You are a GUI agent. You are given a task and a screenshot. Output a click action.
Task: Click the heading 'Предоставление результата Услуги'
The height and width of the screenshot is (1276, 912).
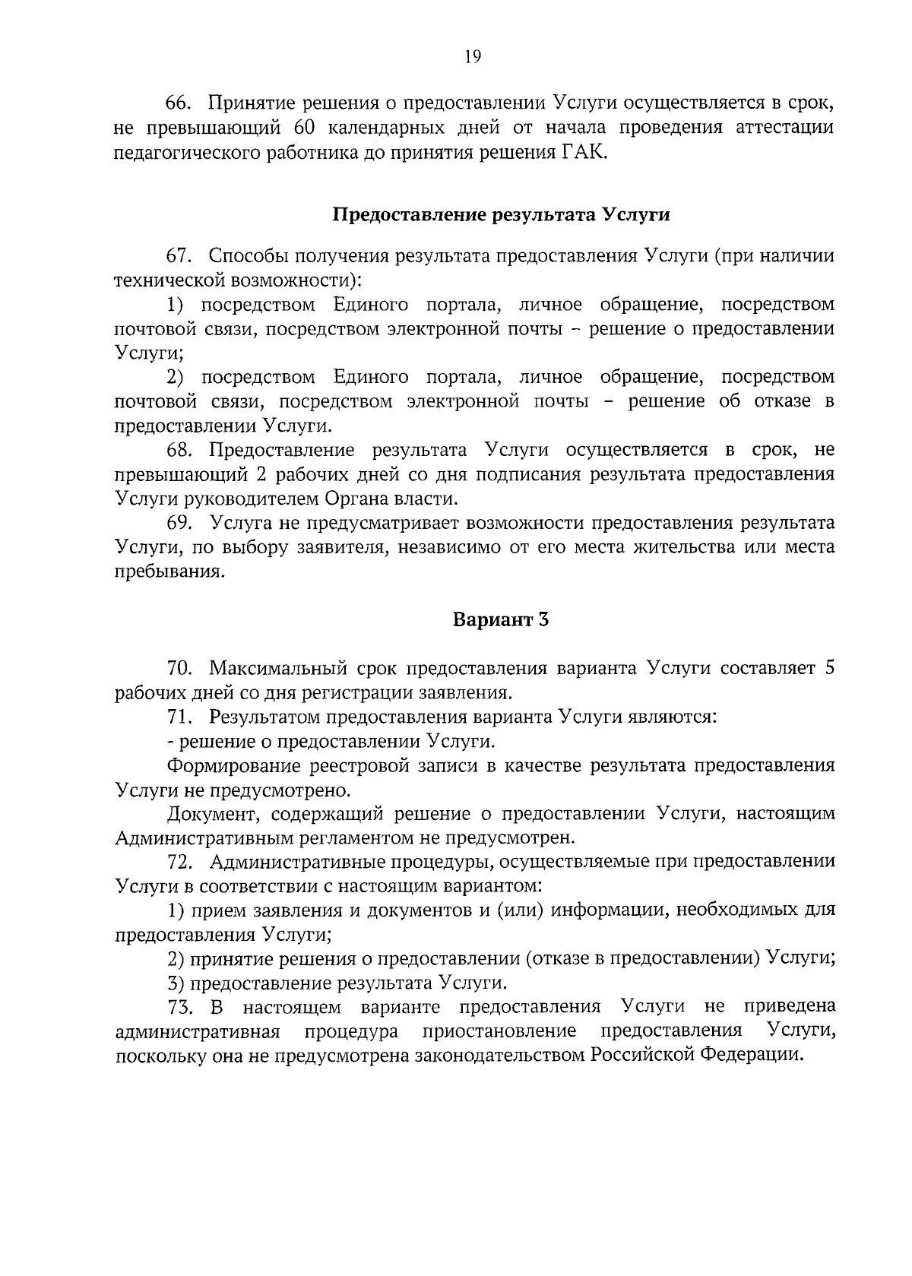click(502, 215)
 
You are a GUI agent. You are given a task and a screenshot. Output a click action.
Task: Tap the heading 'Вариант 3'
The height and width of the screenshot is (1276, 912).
click(501, 619)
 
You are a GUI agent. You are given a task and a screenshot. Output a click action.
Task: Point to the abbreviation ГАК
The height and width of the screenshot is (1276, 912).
click(585, 151)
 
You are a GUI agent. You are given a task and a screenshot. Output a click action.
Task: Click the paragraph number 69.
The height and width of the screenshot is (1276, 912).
click(180, 523)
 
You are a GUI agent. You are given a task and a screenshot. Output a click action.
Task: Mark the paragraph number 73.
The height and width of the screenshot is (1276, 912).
click(180, 1007)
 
